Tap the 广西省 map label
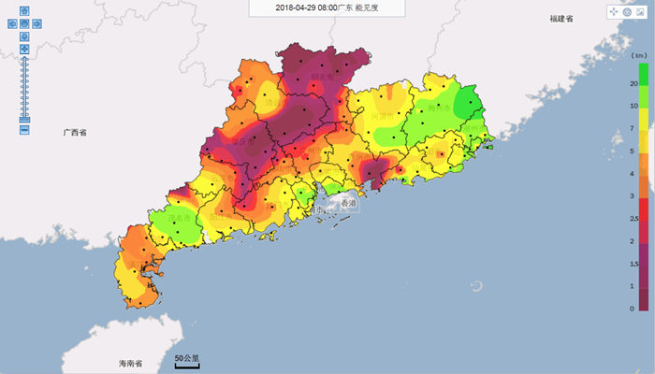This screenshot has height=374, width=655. click(x=75, y=134)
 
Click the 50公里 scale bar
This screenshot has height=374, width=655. click(x=186, y=360)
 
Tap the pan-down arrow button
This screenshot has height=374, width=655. click(x=23, y=36)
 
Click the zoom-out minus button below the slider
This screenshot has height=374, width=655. click(x=23, y=129)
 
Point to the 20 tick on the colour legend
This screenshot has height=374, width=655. click(x=633, y=84)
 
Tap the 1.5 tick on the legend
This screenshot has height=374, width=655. click(x=633, y=264)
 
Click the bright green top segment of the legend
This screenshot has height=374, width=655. click(x=644, y=74)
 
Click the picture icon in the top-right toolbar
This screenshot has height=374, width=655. click(x=640, y=12)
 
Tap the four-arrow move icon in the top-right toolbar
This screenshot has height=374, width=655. click(x=614, y=12)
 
